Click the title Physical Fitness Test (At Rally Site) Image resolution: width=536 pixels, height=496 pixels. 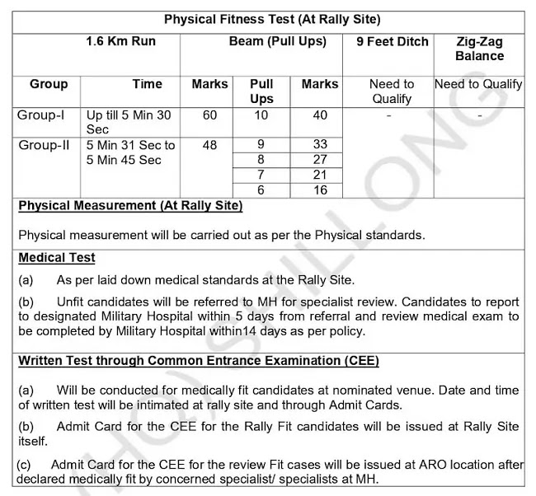click(x=271, y=19)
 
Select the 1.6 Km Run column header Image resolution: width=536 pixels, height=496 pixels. click(x=120, y=41)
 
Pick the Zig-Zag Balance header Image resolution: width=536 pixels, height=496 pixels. click(x=479, y=49)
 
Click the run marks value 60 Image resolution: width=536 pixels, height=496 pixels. click(x=209, y=115)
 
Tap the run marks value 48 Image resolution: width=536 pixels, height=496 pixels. click(x=209, y=145)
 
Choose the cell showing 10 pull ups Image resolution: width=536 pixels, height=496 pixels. click(x=261, y=115)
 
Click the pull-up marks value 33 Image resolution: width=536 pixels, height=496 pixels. click(x=320, y=145)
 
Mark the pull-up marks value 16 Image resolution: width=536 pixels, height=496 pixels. click(x=320, y=190)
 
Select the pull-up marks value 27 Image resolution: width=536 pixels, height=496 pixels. click(x=320, y=160)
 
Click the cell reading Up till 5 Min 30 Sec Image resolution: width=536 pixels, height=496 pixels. click(x=129, y=122)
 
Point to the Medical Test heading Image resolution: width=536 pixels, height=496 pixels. click(x=57, y=258)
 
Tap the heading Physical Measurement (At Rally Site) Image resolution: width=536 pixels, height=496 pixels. click(x=130, y=205)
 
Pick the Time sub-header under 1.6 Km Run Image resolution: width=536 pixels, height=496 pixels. click(x=147, y=84)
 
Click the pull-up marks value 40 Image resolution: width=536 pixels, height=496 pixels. click(x=320, y=115)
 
